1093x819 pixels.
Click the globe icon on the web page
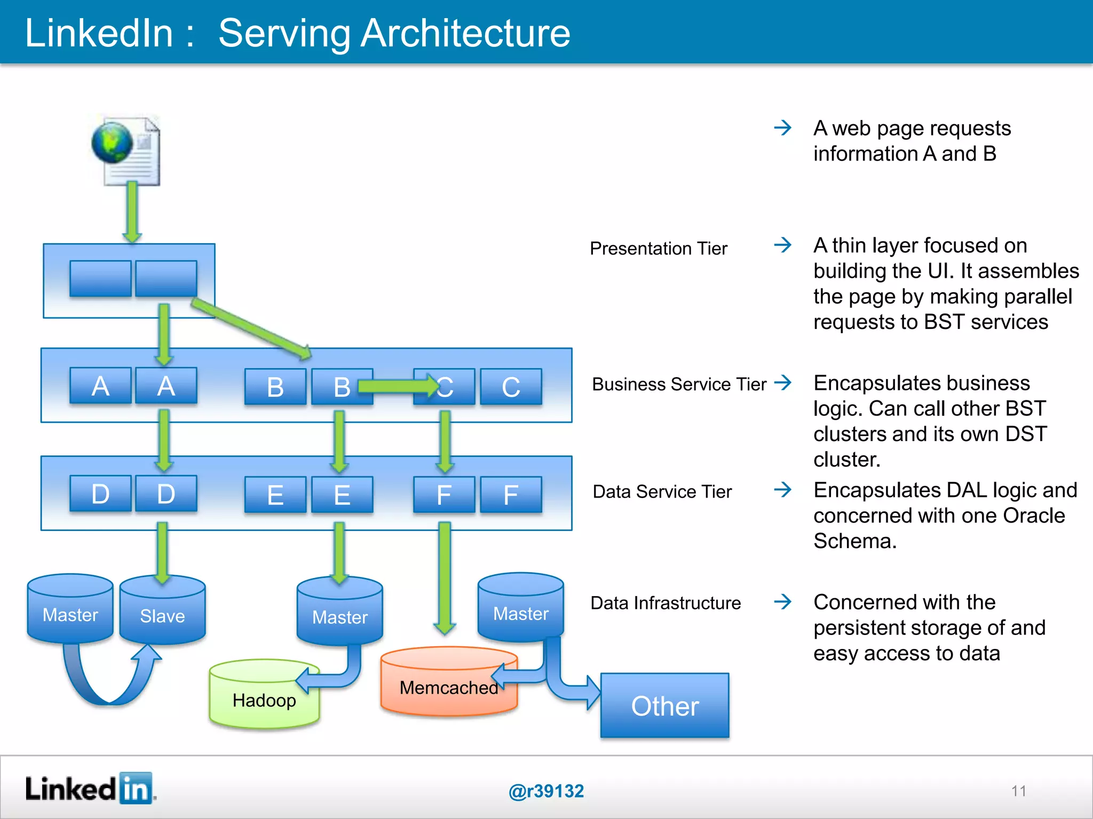tap(112, 142)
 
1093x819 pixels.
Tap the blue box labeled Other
tap(664, 705)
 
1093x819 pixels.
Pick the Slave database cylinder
tap(162, 613)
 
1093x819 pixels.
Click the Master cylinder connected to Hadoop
tap(340, 613)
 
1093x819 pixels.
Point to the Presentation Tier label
tap(658, 248)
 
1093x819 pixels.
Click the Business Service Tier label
tap(679, 384)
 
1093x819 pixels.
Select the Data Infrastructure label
tap(666, 603)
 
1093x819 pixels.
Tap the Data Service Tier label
tap(662, 492)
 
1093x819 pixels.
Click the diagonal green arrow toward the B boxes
tap(251, 328)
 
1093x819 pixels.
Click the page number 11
tap(1018, 791)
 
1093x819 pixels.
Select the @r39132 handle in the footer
tap(546, 791)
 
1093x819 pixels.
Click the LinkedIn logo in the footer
tap(90, 789)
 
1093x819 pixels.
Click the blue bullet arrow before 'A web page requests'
tap(783, 127)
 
